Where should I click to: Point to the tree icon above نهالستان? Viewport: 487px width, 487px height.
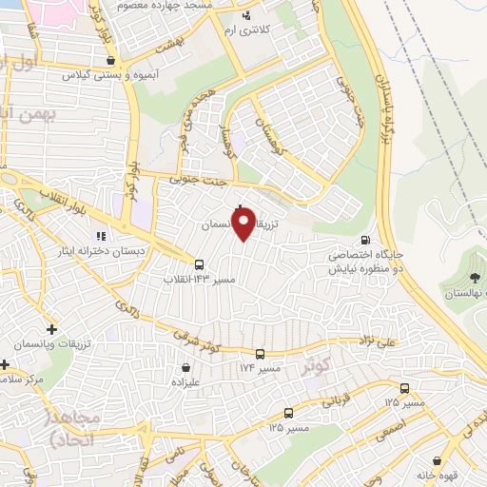pos(475,280)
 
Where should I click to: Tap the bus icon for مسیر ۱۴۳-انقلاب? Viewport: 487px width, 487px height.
pos(199,265)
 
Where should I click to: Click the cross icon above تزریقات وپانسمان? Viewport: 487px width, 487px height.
pos(51,329)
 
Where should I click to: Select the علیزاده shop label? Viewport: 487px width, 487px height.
pos(185,381)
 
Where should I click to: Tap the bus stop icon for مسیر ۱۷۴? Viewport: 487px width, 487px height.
pos(260,354)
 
